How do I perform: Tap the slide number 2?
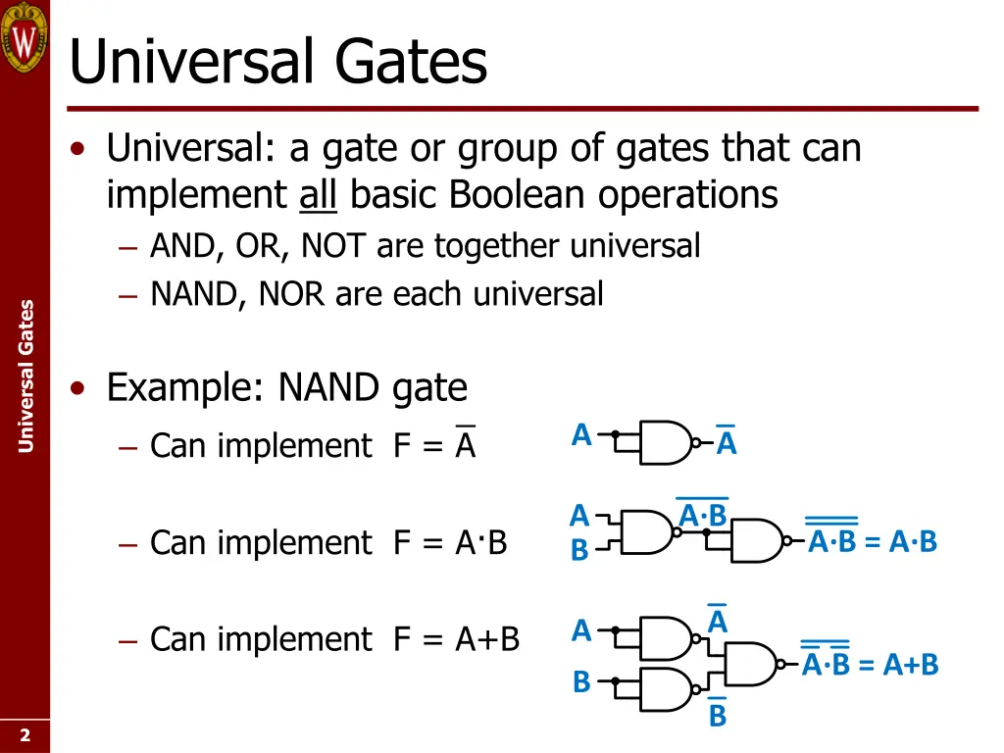tap(25, 735)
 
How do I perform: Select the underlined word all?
tap(318, 195)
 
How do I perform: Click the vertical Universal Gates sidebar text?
tap(25, 376)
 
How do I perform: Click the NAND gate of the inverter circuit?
tap(665, 442)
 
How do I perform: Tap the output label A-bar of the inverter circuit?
tap(727, 443)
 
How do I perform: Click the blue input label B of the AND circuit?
tap(580, 550)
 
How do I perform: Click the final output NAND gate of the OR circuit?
tap(749, 664)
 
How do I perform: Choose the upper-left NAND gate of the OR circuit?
tap(665, 638)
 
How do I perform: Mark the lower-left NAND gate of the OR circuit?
tap(665, 689)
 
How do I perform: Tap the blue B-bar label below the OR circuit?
tap(718, 715)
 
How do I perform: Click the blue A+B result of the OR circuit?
tap(911, 666)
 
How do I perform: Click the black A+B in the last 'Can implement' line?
tap(486, 639)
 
